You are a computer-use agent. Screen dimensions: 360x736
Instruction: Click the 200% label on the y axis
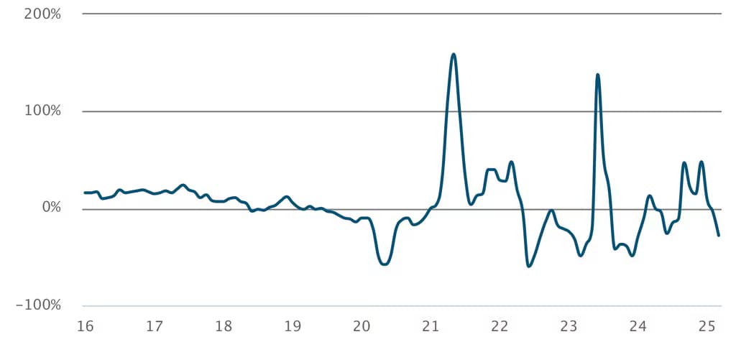(x=44, y=14)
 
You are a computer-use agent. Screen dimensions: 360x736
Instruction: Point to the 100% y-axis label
(x=44, y=111)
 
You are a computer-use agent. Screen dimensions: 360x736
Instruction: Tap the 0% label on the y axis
(x=50, y=208)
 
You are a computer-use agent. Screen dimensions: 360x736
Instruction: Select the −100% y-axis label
(x=40, y=306)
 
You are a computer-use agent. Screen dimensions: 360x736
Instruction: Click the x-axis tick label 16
(x=85, y=327)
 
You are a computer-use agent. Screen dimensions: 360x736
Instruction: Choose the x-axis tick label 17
(x=154, y=327)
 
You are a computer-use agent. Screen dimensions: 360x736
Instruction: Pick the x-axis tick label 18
(x=223, y=327)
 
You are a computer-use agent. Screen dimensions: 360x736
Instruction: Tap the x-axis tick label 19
(x=292, y=327)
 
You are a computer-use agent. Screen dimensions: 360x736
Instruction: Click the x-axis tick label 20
(x=361, y=327)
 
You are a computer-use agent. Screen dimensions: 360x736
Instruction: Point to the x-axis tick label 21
(x=430, y=327)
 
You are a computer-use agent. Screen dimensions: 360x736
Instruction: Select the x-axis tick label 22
(x=499, y=327)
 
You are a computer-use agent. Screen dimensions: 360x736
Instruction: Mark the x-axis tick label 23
(x=568, y=327)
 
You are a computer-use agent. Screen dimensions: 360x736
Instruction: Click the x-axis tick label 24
(x=638, y=327)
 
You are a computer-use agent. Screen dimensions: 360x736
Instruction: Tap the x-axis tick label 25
(x=707, y=327)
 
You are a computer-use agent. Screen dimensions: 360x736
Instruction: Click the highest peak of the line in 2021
(x=454, y=54)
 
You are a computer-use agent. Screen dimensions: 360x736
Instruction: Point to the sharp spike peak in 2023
(x=597, y=75)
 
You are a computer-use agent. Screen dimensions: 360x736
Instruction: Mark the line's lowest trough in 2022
(x=529, y=266)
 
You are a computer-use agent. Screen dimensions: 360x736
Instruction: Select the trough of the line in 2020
(x=385, y=264)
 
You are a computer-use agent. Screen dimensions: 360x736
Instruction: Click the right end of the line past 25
(x=718, y=235)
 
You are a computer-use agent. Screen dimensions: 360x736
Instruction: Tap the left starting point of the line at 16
(x=85, y=193)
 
